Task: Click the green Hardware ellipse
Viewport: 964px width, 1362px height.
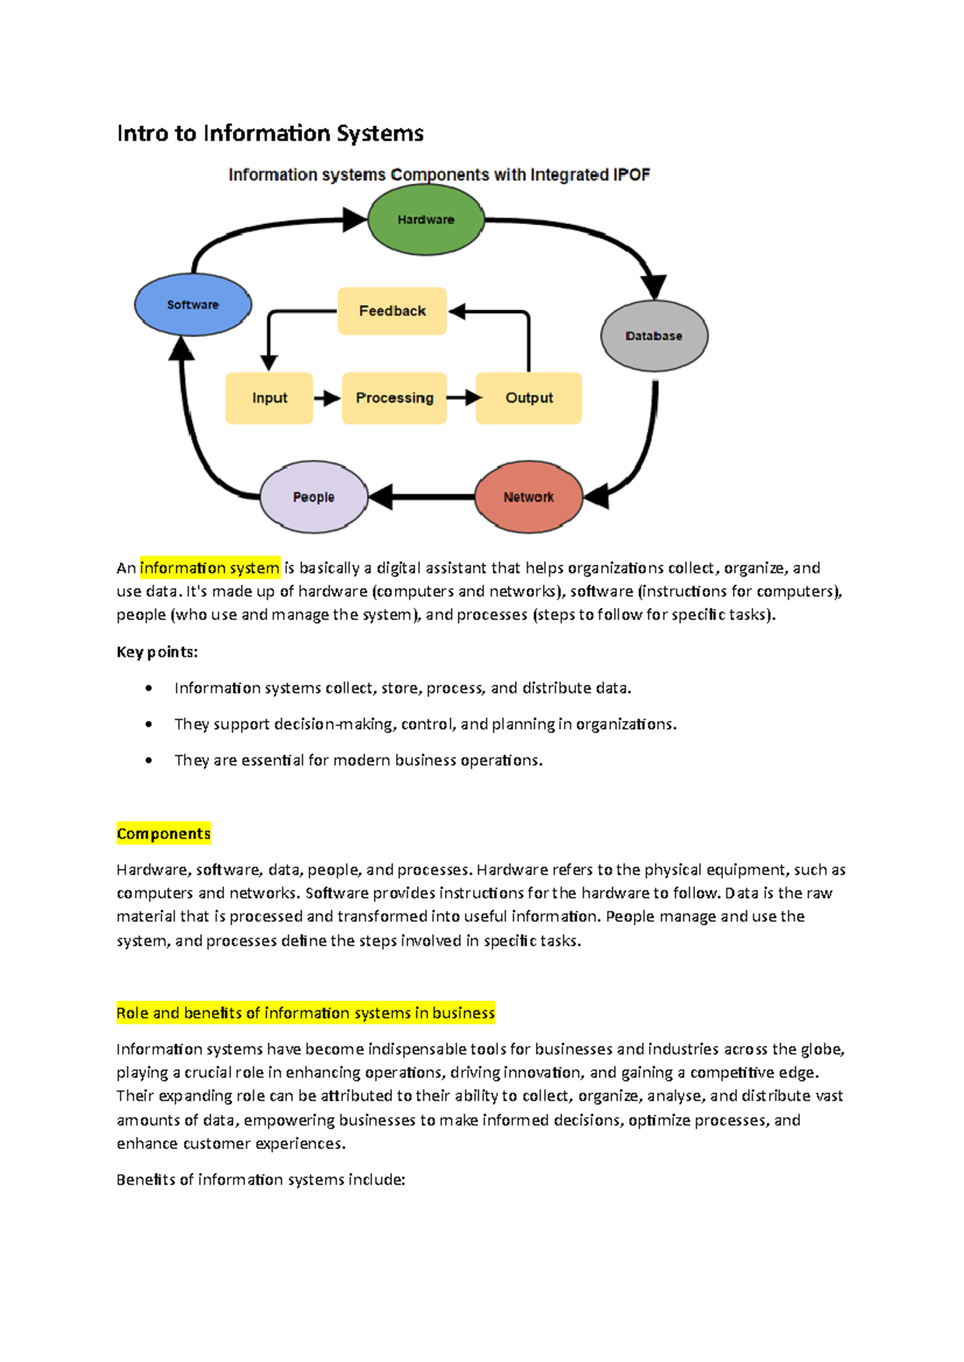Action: click(426, 220)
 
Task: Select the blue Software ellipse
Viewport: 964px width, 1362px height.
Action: click(193, 305)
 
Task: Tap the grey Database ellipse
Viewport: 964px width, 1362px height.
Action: click(654, 336)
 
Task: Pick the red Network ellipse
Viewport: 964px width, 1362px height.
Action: click(529, 497)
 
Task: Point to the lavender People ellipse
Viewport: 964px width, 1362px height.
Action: click(313, 497)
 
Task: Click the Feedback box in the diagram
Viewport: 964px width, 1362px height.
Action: click(392, 311)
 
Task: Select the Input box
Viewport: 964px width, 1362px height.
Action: click(269, 398)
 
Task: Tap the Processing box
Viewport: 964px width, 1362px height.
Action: click(394, 398)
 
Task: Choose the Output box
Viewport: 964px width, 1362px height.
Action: click(529, 398)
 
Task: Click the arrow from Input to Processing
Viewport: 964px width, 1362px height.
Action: click(327, 398)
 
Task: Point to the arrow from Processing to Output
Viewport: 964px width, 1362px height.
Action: click(462, 398)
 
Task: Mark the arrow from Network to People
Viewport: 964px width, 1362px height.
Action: click(422, 497)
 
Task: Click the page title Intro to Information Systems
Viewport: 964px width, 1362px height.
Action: click(270, 133)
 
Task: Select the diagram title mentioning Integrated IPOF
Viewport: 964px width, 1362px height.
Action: click(439, 175)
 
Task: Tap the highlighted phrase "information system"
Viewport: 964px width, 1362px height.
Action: click(210, 569)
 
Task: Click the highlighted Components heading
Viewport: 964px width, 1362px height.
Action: click(163, 834)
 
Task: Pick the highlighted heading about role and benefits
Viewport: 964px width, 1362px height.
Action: click(305, 1013)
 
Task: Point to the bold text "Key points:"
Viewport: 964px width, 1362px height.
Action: click(157, 652)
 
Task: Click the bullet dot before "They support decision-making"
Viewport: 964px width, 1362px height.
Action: click(149, 724)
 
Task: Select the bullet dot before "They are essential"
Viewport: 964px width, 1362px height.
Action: click(149, 761)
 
